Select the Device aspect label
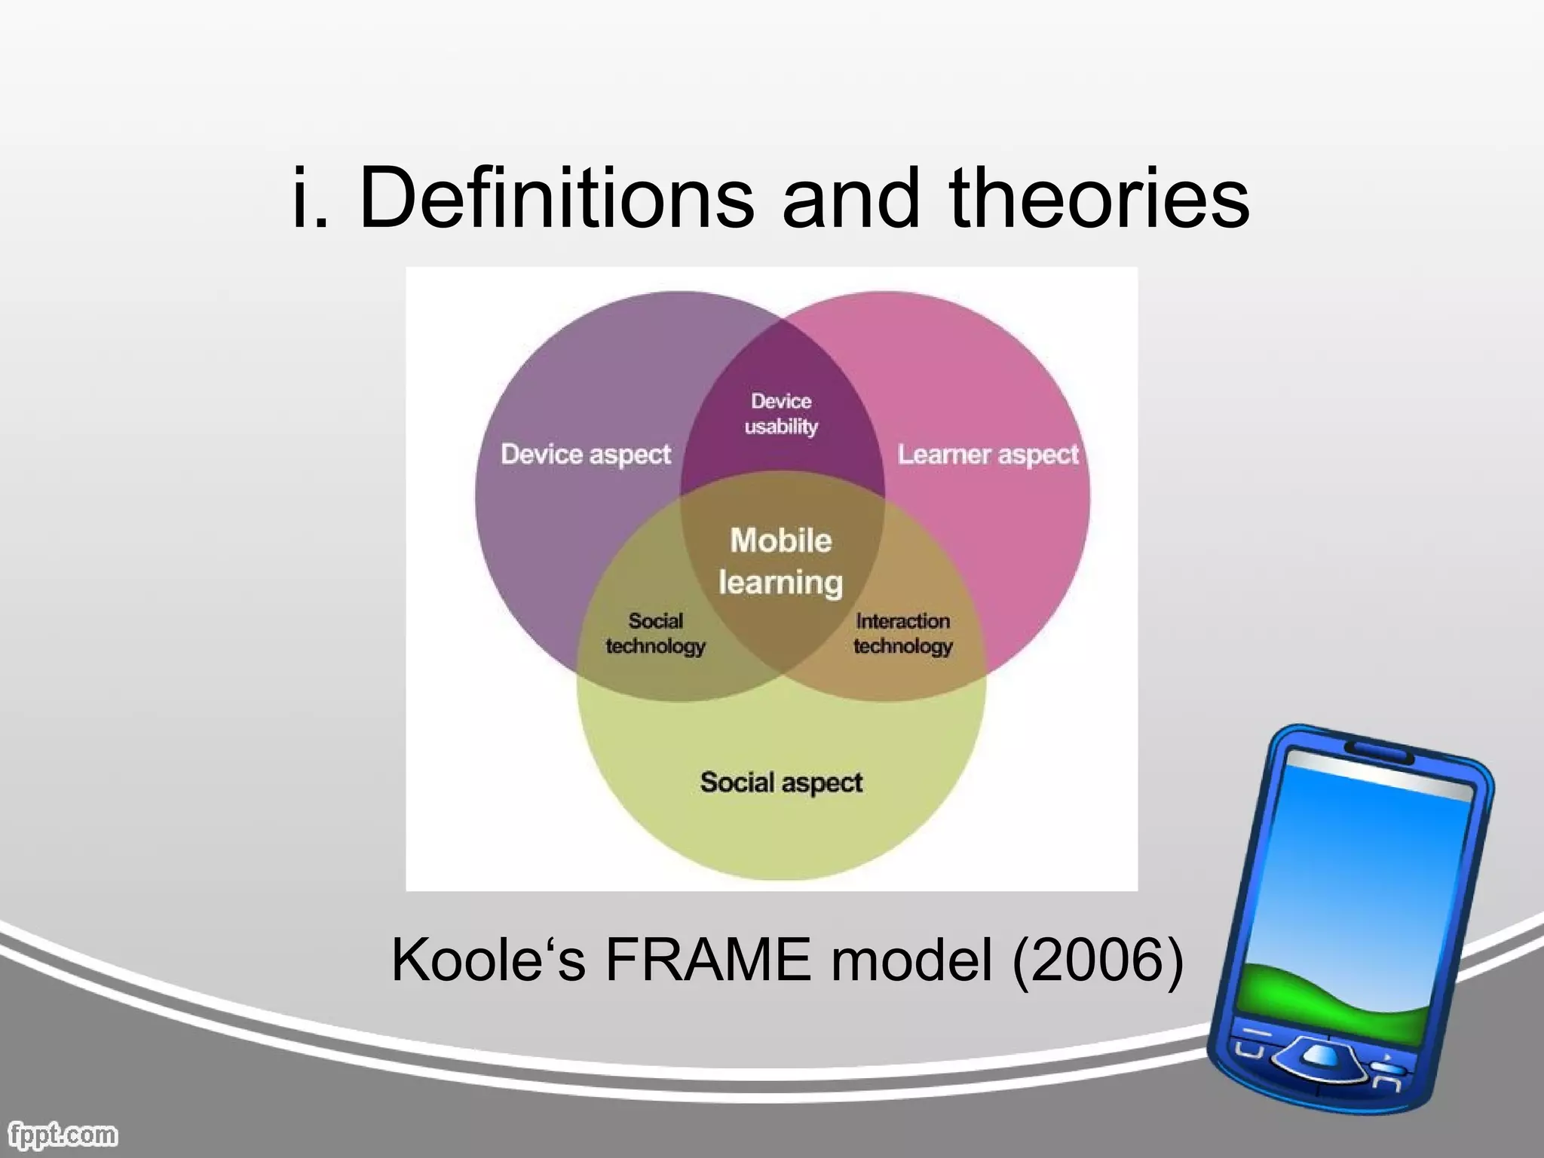click(x=586, y=455)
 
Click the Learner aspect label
click(x=988, y=455)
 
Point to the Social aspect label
click(x=781, y=783)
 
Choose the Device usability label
click(x=781, y=414)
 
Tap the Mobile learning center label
click(x=781, y=562)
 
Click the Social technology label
click(x=655, y=633)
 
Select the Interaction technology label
click(x=902, y=633)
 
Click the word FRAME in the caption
click(x=707, y=960)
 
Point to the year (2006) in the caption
click(x=1097, y=960)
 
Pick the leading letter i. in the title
click(x=311, y=198)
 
